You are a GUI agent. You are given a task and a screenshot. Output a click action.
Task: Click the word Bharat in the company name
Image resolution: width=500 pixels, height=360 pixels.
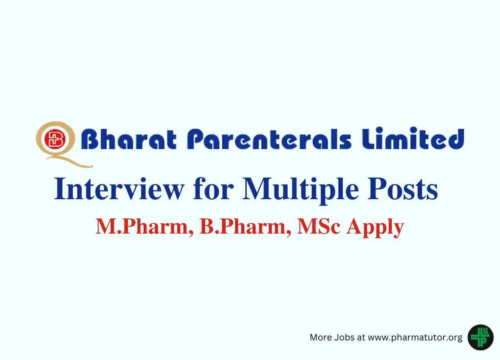[x=129, y=139]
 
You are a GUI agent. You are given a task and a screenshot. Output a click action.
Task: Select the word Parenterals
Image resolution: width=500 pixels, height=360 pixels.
[x=269, y=139]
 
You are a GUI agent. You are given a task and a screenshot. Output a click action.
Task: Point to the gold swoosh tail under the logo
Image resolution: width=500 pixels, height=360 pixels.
[x=69, y=161]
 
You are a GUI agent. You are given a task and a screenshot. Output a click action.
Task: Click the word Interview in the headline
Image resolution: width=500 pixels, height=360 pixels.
[x=119, y=189]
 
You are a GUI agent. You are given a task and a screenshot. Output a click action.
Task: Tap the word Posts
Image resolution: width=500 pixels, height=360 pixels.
[x=402, y=189]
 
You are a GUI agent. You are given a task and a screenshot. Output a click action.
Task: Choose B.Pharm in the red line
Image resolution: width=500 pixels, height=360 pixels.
[x=245, y=227]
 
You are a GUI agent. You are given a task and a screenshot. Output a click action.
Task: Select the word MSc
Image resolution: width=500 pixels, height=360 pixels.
[x=319, y=226]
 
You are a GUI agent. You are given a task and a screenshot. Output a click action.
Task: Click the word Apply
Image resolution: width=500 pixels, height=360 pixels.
[x=375, y=228]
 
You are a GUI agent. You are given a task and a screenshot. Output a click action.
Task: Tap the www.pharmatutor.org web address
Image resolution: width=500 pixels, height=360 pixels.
[x=415, y=338]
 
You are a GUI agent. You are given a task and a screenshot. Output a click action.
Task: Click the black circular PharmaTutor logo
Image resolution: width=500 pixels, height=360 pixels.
[x=480, y=337]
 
